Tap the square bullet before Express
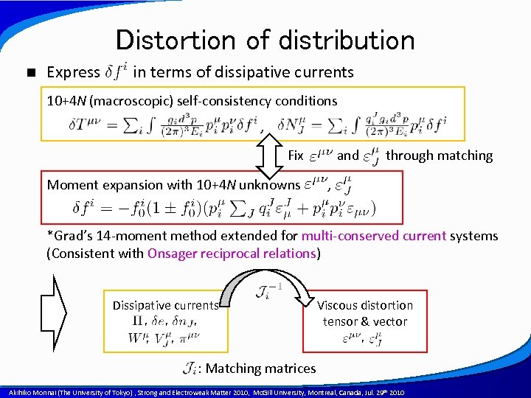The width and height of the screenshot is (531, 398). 29,72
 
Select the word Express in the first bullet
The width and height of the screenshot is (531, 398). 73,72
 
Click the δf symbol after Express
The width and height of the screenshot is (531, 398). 117,71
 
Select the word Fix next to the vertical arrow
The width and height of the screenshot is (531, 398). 296,156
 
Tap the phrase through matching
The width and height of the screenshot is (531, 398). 439,156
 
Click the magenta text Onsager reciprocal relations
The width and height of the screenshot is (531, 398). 232,254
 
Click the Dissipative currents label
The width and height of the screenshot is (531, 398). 165,305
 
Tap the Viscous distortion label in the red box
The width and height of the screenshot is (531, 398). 364,305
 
